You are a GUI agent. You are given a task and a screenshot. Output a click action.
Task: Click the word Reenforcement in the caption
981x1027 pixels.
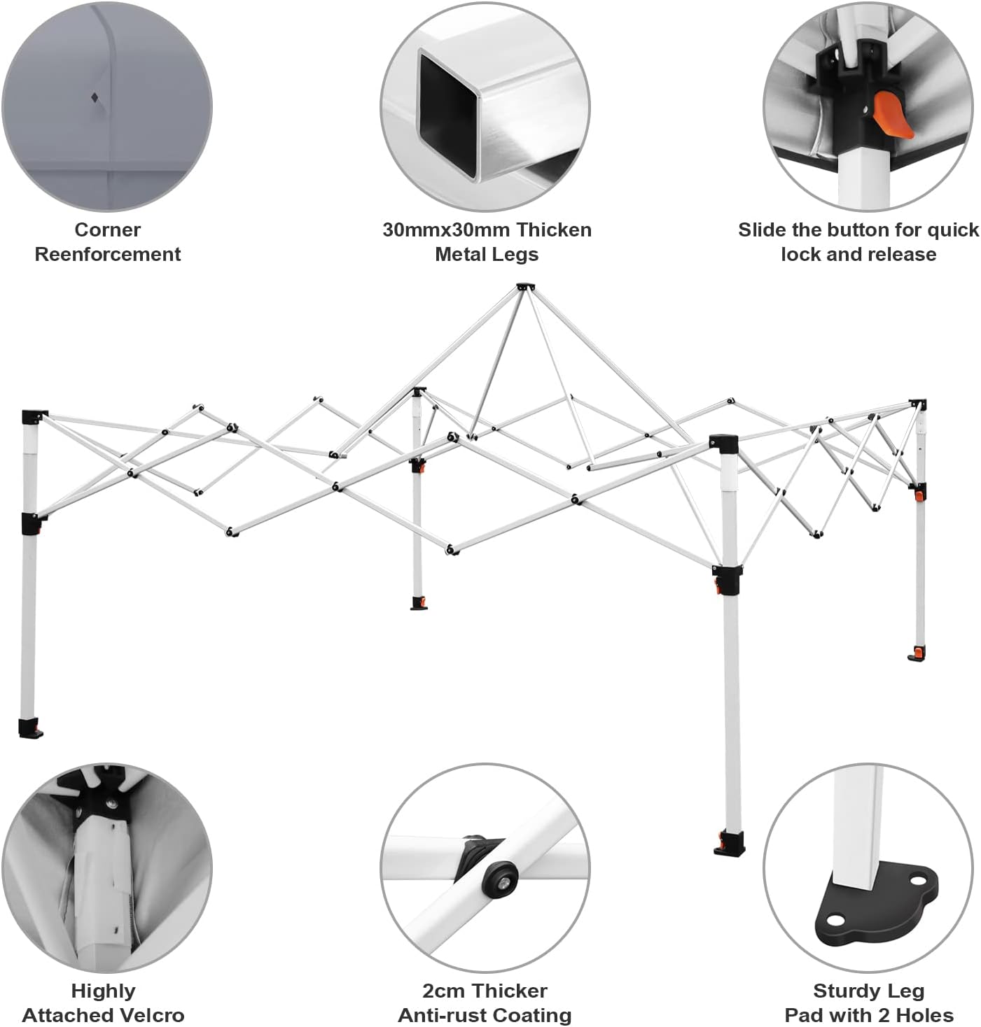click(108, 254)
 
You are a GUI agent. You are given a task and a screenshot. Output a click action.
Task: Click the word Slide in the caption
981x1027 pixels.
click(762, 230)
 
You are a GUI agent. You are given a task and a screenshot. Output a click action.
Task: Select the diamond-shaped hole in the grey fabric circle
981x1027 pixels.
click(95, 97)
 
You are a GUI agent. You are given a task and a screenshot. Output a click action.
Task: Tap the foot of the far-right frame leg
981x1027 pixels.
click(917, 653)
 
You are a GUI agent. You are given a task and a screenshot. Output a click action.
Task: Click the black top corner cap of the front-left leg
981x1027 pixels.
click(33, 416)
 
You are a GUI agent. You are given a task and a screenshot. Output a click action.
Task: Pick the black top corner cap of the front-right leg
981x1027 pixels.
click(723, 444)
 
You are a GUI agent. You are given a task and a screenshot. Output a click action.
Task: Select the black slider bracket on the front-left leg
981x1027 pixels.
click(31, 523)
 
